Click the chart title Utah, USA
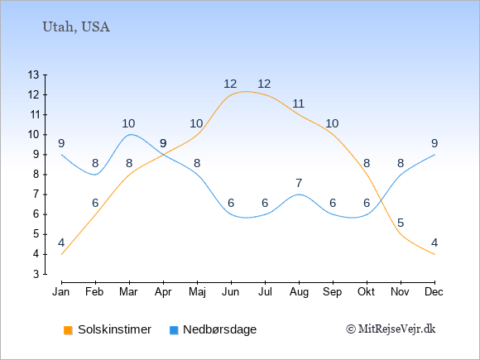pos(76,27)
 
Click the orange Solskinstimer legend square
pos(68,330)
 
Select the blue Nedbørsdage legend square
pos(174,330)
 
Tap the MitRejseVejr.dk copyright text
pos(391,329)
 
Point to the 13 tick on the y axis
pos(34,74)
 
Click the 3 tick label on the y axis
pos(36,274)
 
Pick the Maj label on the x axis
pos(197,292)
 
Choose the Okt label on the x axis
pos(367,292)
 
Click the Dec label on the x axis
pos(434,292)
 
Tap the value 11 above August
pos(299,103)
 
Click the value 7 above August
pos(299,183)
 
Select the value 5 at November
pos(401,223)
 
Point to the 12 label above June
pos(230,84)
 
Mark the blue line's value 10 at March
pos(128,123)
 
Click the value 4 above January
pos(61,242)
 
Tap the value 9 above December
pos(434,143)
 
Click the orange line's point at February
pos(95,214)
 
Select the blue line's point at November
pos(401,175)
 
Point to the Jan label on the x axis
pos(61,292)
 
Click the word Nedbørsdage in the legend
pos(220,329)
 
